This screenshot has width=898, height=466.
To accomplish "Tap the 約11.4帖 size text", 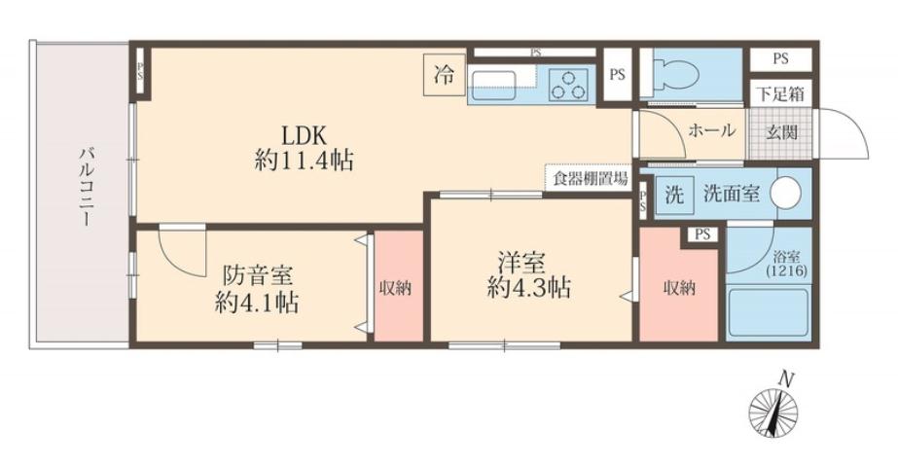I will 303,161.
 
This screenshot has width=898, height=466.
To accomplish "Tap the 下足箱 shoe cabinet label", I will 780,95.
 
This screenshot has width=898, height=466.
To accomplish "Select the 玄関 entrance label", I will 780,131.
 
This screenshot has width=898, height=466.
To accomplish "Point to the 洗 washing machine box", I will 673,194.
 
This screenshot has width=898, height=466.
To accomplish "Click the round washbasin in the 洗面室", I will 786,194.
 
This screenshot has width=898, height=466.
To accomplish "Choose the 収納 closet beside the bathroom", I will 678,289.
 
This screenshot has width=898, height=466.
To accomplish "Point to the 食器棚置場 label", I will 590,178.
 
